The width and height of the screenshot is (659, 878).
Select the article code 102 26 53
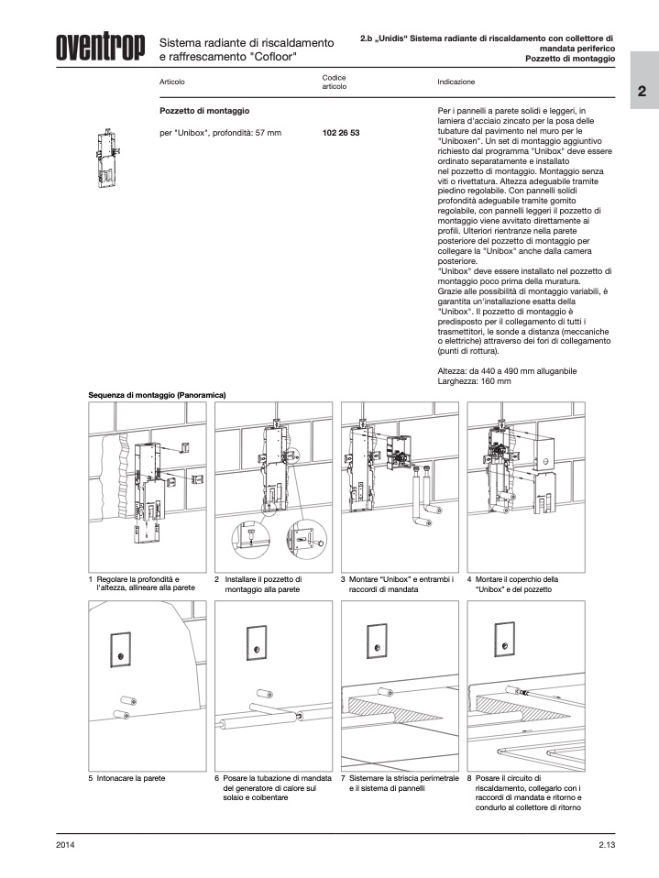341,133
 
